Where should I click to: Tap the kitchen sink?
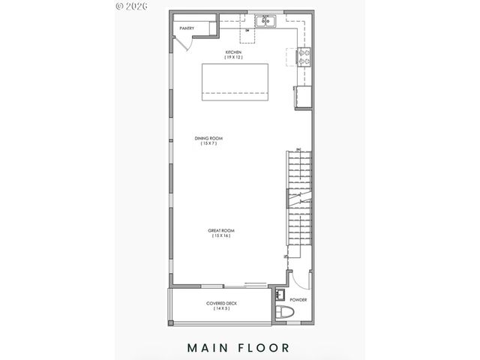click(265, 22)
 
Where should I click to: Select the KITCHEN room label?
click(235, 52)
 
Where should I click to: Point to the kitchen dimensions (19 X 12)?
click(235, 57)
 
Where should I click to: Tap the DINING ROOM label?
click(209, 138)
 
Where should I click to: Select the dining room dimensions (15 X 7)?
click(209, 143)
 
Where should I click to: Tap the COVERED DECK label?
click(221, 303)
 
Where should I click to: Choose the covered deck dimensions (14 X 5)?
click(221, 308)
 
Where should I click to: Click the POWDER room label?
click(298, 299)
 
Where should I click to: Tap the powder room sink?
click(280, 295)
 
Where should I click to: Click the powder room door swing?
click(298, 282)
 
